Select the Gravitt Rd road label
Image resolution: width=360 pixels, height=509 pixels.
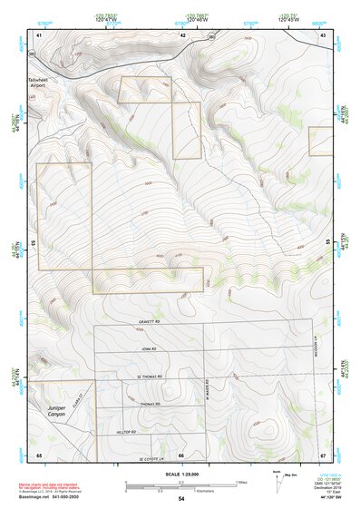click(x=151, y=320)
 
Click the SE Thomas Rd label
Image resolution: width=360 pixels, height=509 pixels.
click(x=146, y=377)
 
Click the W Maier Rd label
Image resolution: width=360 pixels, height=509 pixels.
click(x=208, y=395)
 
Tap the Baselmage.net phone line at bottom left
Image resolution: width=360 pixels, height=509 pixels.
click(x=49, y=499)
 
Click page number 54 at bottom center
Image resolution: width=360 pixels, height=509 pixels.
click(x=180, y=499)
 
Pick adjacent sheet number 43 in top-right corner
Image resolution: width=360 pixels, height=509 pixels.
click(x=323, y=34)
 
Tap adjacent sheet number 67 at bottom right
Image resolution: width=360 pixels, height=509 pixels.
click(x=323, y=455)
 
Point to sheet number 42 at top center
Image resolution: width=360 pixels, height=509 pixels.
click(x=182, y=34)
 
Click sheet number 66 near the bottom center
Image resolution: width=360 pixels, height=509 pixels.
click(x=181, y=455)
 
